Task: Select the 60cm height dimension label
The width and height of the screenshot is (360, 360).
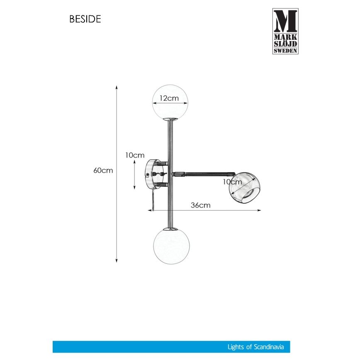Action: point(103,170)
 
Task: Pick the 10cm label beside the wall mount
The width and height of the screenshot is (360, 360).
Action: point(135,155)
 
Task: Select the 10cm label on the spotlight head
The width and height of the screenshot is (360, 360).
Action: point(232,182)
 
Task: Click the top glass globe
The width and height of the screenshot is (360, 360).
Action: point(170,101)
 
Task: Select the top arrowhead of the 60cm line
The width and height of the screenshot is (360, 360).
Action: point(117,88)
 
